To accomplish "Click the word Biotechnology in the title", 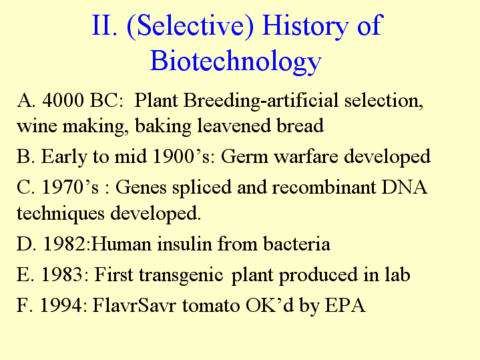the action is pos(236,61).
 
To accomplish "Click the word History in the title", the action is pos(306,25).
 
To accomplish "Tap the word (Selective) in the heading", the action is pos(190,26).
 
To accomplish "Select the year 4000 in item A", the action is pos(63,100).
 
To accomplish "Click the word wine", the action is pos(37,126).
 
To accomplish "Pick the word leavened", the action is pos(234,126).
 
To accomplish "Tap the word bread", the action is pos(300,126).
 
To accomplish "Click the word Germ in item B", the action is pos(244,156).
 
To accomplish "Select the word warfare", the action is pos(306,156).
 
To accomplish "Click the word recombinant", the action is pos(324,187).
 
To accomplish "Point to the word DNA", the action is pos(404,187).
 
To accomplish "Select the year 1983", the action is pos(61,275).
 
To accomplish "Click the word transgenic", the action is pos(181,275).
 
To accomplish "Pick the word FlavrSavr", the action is pos(134,305).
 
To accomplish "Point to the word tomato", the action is pos(211,305).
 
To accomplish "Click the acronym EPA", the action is pos(345,305).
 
